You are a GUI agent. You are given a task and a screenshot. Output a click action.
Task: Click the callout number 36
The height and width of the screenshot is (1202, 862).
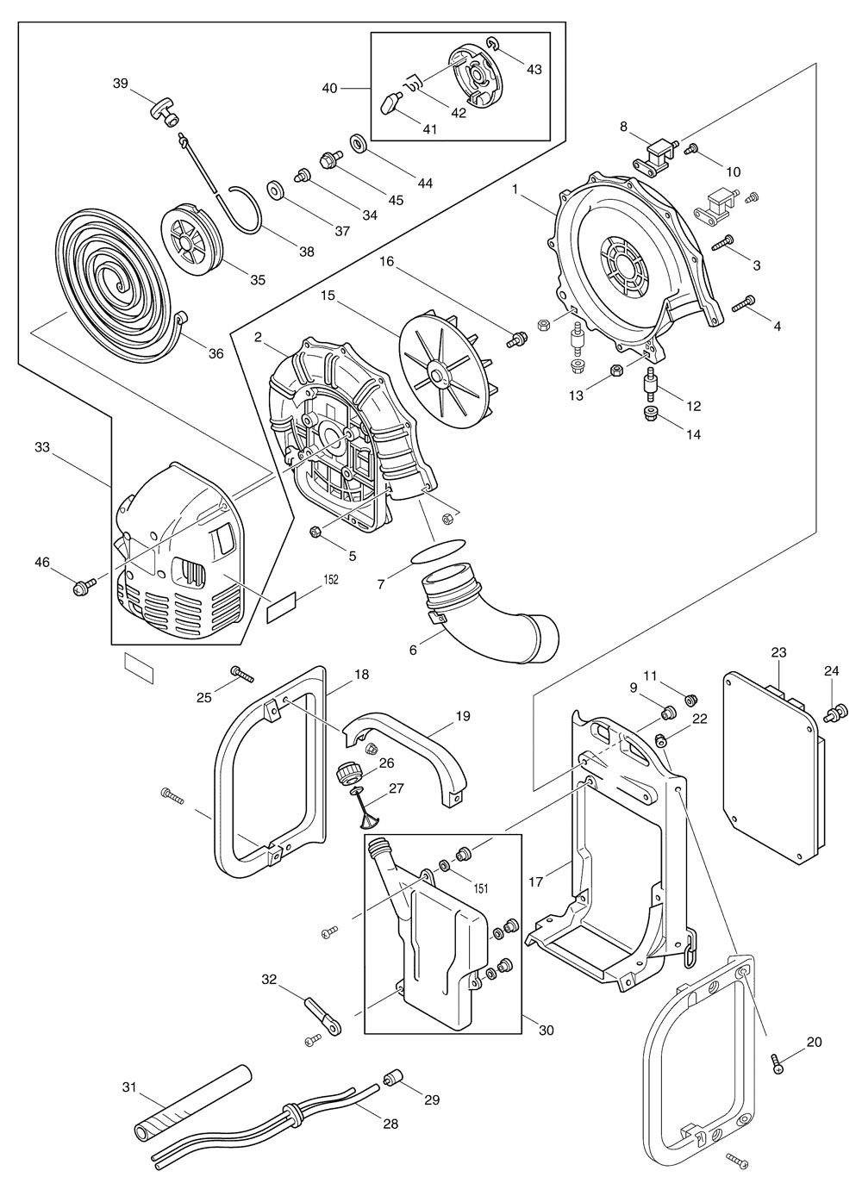[215, 353]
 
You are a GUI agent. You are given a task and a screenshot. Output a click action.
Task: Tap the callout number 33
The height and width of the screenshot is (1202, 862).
[42, 447]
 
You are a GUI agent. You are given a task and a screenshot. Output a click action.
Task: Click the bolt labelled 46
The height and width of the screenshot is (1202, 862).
[83, 589]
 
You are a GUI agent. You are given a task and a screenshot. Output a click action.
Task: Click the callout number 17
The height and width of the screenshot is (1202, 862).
[535, 881]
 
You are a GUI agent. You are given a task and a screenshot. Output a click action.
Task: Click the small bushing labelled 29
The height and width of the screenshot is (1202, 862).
[394, 1077]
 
